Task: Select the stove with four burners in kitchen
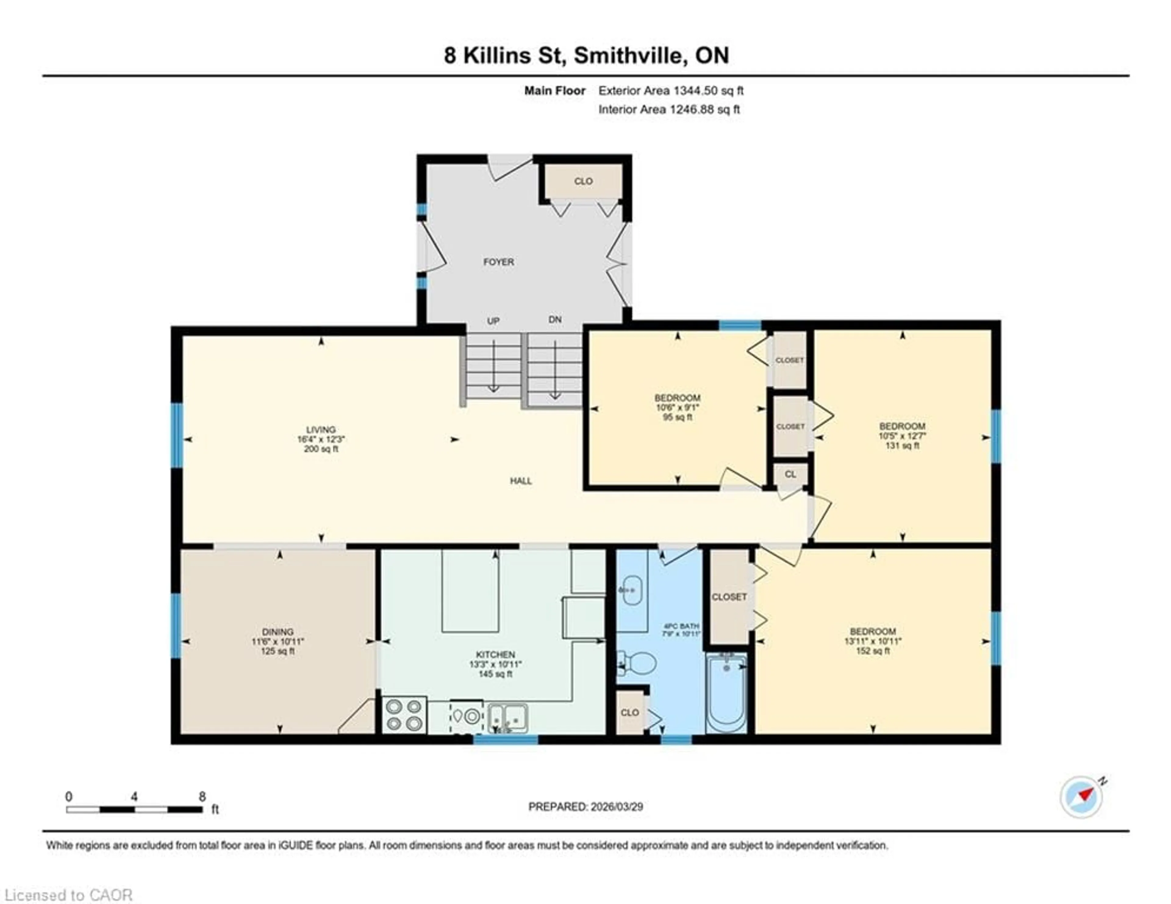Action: (x=404, y=715)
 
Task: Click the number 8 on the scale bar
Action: (x=202, y=797)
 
